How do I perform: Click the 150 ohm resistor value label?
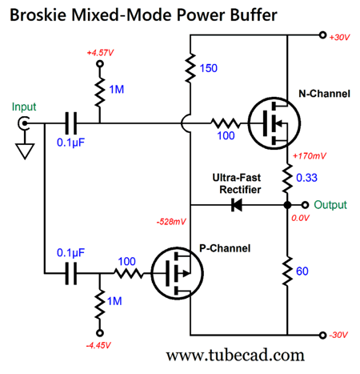(x=209, y=68)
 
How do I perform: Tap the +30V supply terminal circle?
(x=322, y=35)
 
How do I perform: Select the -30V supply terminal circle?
(x=322, y=335)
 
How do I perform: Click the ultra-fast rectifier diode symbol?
(x=237, y=205)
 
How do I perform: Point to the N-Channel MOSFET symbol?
(x=274, y=123)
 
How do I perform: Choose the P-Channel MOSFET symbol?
(x=178, y=273)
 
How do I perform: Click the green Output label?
(x=330, y=205)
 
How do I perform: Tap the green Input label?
(x=24, y=107)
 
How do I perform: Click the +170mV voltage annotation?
(x=310, y=156)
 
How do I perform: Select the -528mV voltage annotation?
(x=171, y=222)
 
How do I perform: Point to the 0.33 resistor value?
(x=306, y=178)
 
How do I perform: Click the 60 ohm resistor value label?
(x=302, y=271)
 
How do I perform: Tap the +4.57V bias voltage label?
(x=100, y=53)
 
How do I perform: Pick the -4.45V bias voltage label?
(x=98, y=345)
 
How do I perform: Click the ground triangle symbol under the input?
(x=25, y=151)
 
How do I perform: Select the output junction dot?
(x=287, y=205)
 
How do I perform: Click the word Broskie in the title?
(x=38, y=14)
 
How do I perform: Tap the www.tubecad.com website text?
(x=235, y=356)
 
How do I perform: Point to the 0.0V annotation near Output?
(x=300, y=218)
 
